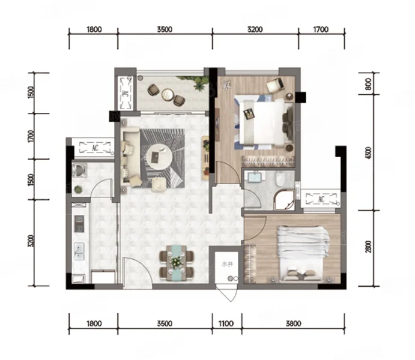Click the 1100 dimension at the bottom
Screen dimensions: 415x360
[x=226, y=323]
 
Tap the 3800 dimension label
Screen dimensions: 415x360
[x=294, y=323]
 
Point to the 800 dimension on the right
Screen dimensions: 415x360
[x=368, y=84]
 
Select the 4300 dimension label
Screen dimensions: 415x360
[x=368, y=153]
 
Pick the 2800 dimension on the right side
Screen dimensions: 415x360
[x=368, y=247]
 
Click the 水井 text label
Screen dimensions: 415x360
[x=227, y=264]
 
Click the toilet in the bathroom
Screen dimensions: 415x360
[x=280, y=178]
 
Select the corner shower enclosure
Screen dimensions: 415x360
[x=284, y=200]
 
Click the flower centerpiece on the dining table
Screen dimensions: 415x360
[x=176, y=262]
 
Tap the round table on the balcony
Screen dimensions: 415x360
[x=168, y=95]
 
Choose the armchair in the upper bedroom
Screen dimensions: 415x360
[x=276, y=85]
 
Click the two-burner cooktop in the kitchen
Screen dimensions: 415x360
[x=79, y=224]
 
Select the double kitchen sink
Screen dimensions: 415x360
[x=79, y=251]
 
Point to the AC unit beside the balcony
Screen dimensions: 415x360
[x=126, y=93]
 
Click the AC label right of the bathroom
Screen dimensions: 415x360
[x=321, y=199]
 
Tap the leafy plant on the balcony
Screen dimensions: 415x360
[x=195, y=82]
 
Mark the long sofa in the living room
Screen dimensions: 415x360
[x=132, y=156]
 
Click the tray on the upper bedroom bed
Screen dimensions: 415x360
[x=249, y=113]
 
